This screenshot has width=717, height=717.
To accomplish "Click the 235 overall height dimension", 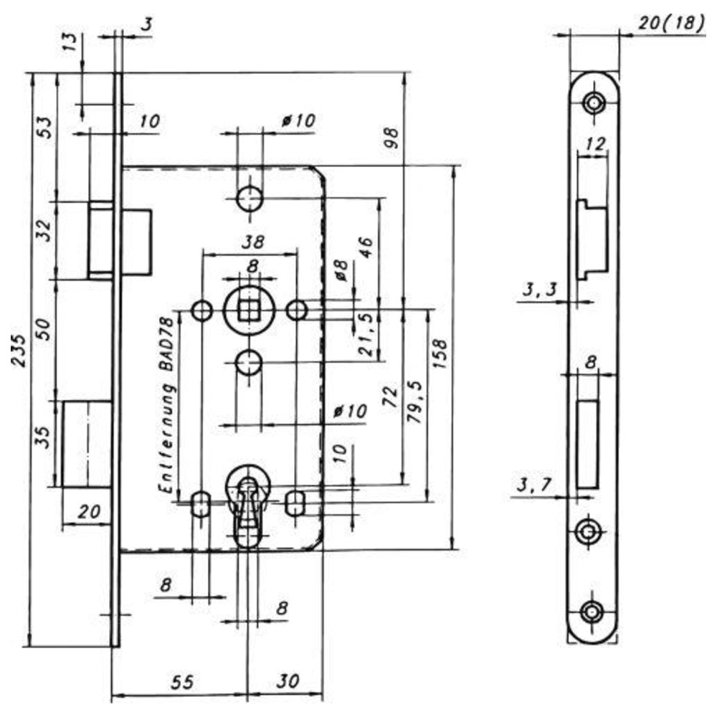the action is click(19, 351).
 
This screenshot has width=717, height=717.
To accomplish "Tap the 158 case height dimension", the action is click(440, 354).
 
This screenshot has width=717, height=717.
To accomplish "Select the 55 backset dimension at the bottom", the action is click(182, 683).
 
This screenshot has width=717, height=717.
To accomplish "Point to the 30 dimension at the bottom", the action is click(288, 681).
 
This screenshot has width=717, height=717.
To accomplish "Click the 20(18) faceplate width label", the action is click(671, 22).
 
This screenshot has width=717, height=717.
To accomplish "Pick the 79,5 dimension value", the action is click(415, 402).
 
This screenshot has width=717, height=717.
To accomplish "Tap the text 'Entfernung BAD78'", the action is click(166, 405).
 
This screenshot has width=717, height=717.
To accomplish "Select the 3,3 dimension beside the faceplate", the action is click(540, 290).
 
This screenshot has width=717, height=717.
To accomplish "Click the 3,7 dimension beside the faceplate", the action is click(534, 485).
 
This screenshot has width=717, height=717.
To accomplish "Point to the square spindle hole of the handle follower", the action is click(248, 311).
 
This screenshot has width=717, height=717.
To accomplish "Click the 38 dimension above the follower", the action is click(253, 242).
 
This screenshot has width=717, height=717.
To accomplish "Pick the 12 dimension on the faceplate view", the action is click(595, 143).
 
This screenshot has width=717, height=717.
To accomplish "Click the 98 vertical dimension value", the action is click(391, 138).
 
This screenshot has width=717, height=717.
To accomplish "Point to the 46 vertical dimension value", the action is click(366, 247).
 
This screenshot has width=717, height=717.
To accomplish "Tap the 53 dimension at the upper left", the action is click(44, 128).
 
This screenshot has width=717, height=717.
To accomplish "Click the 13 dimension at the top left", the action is click(70, 42).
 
